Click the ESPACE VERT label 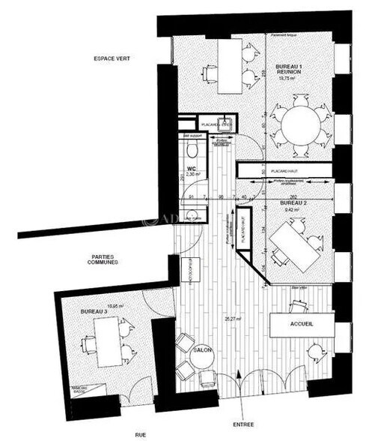[112, 58]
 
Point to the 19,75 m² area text [287, 77]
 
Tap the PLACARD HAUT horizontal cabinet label [272, 170]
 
